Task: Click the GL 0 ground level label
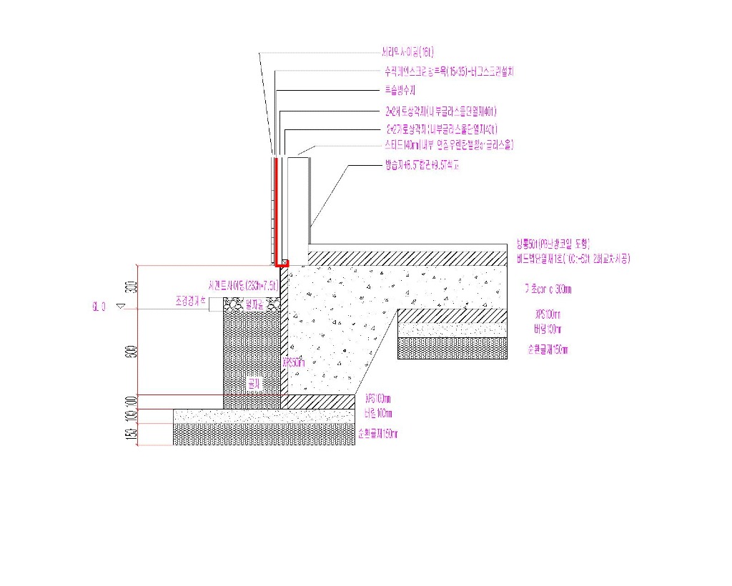click(x=99, y=307)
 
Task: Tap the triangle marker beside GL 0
click(x=119, y=307)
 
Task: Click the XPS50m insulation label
click(x=294, y=362)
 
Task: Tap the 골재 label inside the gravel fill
click(x=252, y=384)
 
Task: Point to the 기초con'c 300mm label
click(x=548, y=289)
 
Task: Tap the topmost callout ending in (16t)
click(x=408, y=52)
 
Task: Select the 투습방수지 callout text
click(x=400, y=91)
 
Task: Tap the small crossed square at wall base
click(x=285, y=262)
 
